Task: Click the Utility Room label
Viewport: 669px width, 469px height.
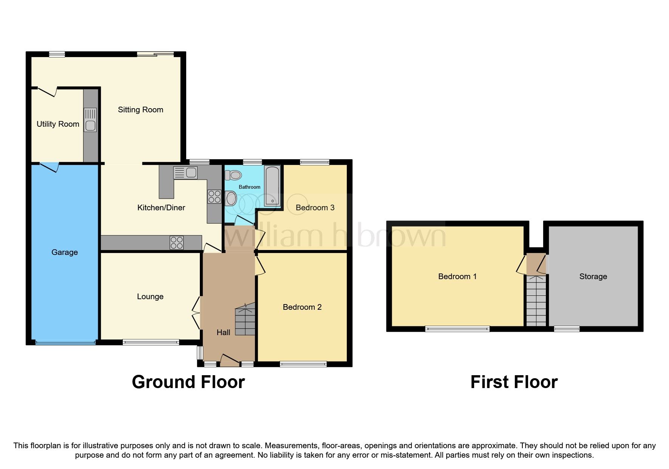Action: tap(58, 124)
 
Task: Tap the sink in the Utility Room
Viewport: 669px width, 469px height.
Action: tap(90, 120)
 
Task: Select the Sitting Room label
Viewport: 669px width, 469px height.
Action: tap(140, 110)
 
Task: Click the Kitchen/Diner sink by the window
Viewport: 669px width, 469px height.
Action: tap(185, 172)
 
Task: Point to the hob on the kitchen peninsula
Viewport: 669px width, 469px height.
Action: tap(176, 242)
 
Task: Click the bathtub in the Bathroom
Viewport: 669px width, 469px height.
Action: tap(272, 186)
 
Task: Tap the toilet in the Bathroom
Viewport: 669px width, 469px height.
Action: tap(233, 175)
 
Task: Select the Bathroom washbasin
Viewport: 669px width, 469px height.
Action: tap(230, 198)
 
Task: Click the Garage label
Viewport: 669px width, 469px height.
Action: tap(65, 252)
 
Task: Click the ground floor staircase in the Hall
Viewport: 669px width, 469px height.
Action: tap(245, 321)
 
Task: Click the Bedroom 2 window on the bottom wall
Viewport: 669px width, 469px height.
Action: tap(303, 364)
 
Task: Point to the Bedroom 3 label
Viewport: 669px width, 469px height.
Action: tap(315, 208)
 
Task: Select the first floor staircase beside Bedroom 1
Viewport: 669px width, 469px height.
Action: tap(536, 301)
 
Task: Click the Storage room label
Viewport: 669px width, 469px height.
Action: tap(593, 276)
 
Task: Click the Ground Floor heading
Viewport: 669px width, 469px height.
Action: tap(188, 382)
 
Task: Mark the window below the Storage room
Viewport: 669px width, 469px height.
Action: tap(566, 329)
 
